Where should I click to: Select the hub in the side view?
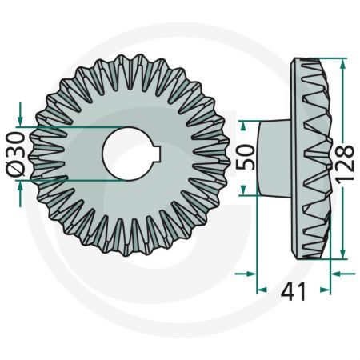pos(276,155)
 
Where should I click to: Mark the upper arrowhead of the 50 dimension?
pos(247,124)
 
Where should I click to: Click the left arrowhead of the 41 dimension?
pos(250,274)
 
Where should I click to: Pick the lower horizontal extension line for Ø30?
pos(72,181)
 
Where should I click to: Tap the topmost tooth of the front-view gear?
pos(128,60)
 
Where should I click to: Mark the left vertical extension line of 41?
pos(255,240)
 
